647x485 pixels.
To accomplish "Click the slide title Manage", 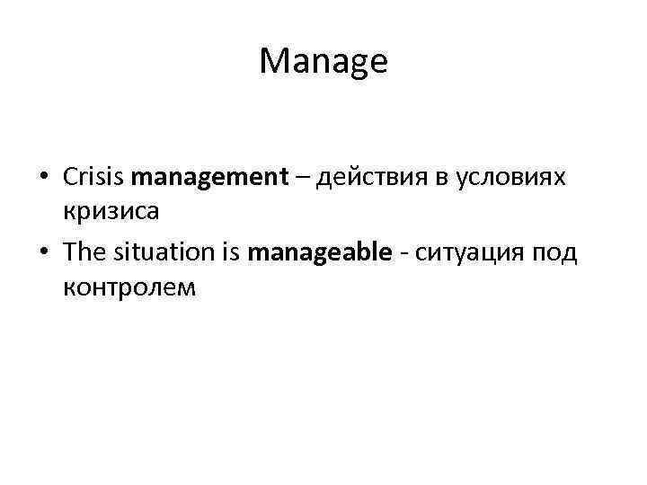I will click(x=323, y=62).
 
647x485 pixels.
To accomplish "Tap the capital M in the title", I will click(x=272, y=62).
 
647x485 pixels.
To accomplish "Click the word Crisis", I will click(x=94, y=177).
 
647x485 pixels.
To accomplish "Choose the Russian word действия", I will click(x=367, y=179).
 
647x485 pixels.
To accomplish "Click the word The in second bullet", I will click(x=84, y=252).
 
